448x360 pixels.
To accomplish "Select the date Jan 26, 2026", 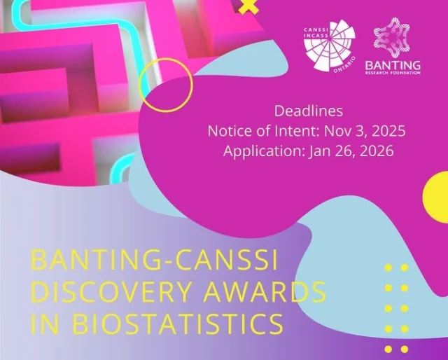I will click(x=355, y=151).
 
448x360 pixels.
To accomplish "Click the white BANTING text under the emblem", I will click(x=393, y=65).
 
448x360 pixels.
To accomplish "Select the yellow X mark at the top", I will click(x=247, y=7).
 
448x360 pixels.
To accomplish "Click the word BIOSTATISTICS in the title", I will click(x=178, y=324).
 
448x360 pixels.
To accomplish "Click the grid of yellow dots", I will click(x=397, y=307).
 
